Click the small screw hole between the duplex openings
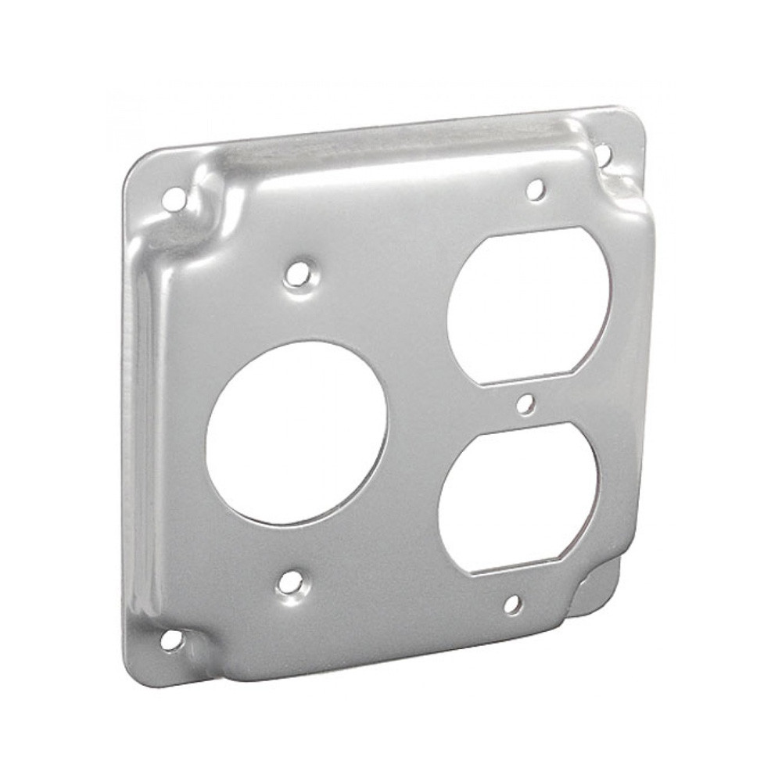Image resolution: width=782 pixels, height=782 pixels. click(x=526, y=404)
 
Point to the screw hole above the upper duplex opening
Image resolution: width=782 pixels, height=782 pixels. click(x=536, y=188)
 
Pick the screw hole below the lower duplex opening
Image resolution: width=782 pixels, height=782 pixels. click(x=512, y=604)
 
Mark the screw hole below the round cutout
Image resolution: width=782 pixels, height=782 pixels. click(x=292, y=581)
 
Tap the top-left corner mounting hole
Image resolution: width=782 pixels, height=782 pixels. click(x=176, y=198)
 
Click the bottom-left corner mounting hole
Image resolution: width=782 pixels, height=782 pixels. click(x=171, y=640)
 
